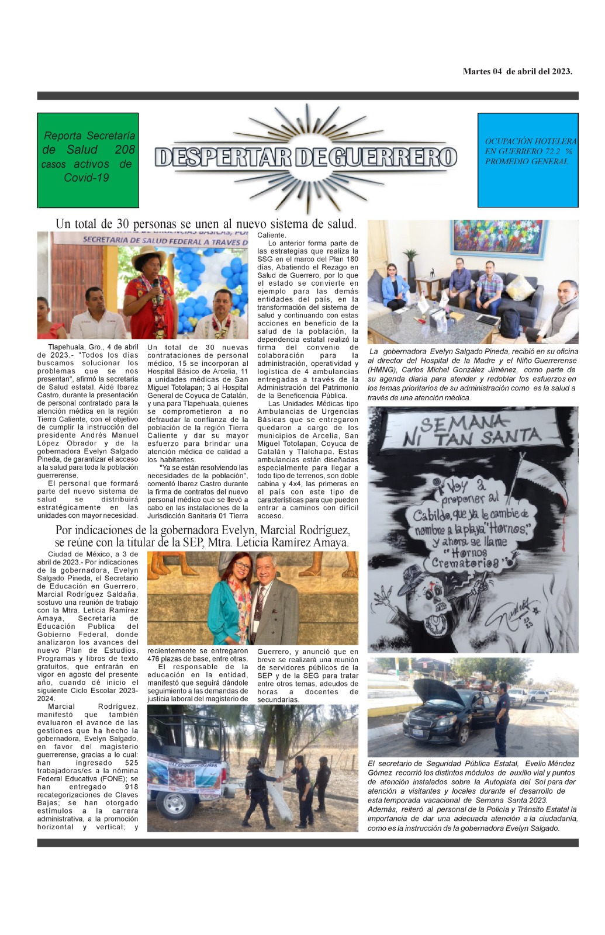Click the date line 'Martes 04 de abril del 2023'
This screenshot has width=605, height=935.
(x=517, y=72)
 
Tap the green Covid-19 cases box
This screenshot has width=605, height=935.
(x=88, y=160)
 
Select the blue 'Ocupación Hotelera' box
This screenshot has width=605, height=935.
(x=528, y=160)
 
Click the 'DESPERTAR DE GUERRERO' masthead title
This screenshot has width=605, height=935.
(x=306, y=157)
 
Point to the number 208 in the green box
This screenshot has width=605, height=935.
(x=125, y=150)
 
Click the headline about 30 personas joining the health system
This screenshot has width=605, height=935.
(x=206, y=224)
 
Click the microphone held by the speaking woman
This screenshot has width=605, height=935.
(x=155, y=285)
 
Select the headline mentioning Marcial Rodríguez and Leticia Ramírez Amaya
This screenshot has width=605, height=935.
(x=202, y=536)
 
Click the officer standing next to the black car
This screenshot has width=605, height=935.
(x=502, y=719)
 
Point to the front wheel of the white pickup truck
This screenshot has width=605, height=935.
(x=174, y=805)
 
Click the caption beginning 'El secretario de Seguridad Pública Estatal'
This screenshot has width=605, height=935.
(x=472, y=795)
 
